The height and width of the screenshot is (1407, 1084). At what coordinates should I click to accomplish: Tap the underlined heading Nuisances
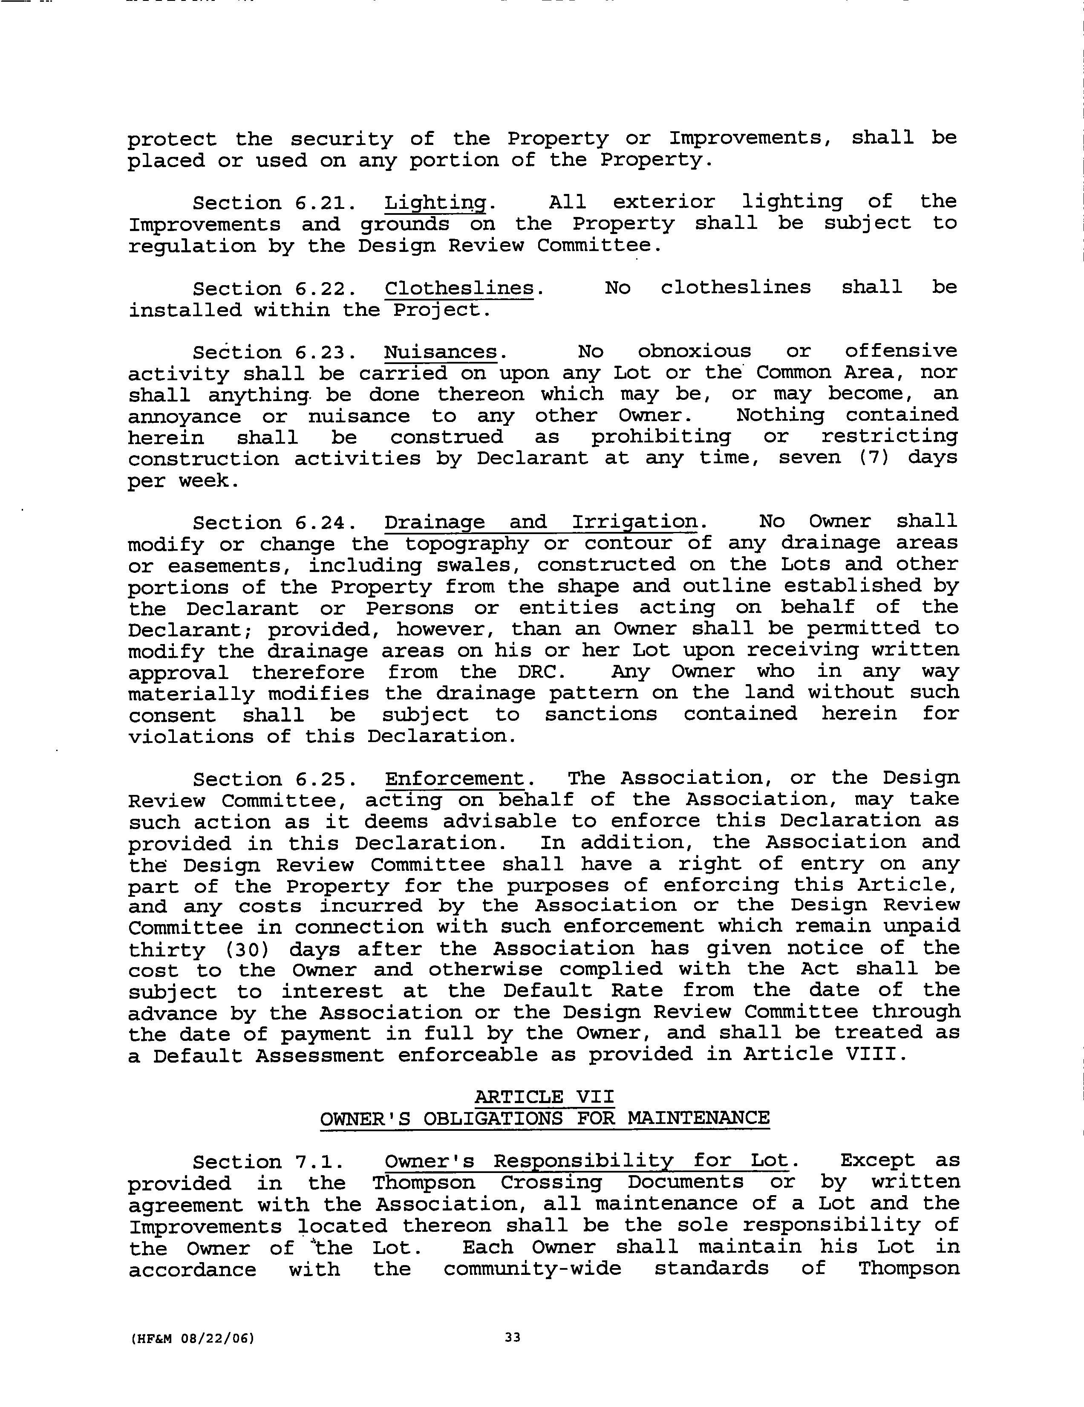click(441, 352)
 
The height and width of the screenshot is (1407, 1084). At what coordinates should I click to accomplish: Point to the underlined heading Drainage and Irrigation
click(541, 522)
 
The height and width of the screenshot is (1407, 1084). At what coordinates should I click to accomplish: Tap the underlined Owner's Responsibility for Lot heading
click(586, 1161)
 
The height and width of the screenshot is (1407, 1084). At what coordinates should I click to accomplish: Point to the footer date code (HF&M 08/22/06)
click(192, 1338)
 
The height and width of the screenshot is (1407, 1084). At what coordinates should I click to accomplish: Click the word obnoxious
click(694, 352)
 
